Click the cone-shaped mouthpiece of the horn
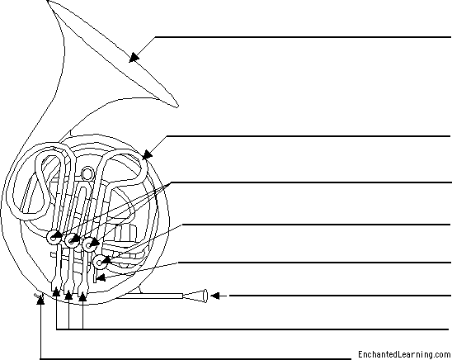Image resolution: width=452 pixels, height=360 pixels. click(x=196, y=296)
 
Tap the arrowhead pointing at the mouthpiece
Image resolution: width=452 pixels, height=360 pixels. click(x=215, y=296)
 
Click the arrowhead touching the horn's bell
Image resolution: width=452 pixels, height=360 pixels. click(x=134, y=57)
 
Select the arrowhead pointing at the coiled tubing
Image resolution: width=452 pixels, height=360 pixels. click(x=147, y=155)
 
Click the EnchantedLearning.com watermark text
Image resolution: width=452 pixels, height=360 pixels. click(x=404, y=354)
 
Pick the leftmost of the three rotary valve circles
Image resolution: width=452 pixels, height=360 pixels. click(x=54, y=237)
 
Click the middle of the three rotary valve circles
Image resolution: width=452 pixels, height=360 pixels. click(x=72, y=240)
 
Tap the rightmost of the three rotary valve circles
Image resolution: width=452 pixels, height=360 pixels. click(x=89, y=244)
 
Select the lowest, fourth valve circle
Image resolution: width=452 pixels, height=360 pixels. click(x=100, y=263)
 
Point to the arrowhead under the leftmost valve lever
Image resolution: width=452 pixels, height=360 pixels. click(x=56, y=292)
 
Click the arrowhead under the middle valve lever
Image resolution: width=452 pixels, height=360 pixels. click(x=68, y=295)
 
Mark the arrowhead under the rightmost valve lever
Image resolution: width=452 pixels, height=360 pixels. click(x=82, y=296)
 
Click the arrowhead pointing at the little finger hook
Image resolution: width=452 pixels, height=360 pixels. click(x=41, y=300)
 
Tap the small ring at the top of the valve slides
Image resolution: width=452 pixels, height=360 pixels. click(x=87, y=173)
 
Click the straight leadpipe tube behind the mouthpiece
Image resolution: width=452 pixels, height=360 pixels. click(x=150, y=296)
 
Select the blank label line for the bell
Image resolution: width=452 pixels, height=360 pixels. click(x=303, y=37)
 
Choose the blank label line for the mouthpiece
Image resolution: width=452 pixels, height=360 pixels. click(x=340, y=296)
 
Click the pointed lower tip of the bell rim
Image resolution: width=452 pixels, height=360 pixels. click(x=177, y=107)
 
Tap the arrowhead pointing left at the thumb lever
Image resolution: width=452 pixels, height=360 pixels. click(x=101, y=277)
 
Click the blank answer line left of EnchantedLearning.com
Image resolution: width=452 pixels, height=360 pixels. click(x=196, y=359)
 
